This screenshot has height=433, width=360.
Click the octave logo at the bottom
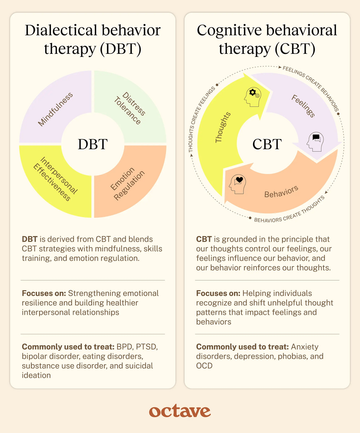[x=180, y=411]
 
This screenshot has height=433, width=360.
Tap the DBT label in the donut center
[x=92, y=144]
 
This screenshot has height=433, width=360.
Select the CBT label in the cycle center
[x=267, y=144]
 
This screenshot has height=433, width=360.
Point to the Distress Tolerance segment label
[x=130, y=108]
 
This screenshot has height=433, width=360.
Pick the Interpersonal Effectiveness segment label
[x=55, y=178]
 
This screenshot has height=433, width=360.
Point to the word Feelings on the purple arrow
[x=303, y=106]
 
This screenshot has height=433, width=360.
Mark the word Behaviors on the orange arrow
[x=281, y=192]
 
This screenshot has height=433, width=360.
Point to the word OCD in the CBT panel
[x=204, y=366]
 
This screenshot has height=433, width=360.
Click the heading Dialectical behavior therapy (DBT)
[x=93, y=40]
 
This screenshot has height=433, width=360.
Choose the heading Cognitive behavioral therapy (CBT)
[x=267, y=40]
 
